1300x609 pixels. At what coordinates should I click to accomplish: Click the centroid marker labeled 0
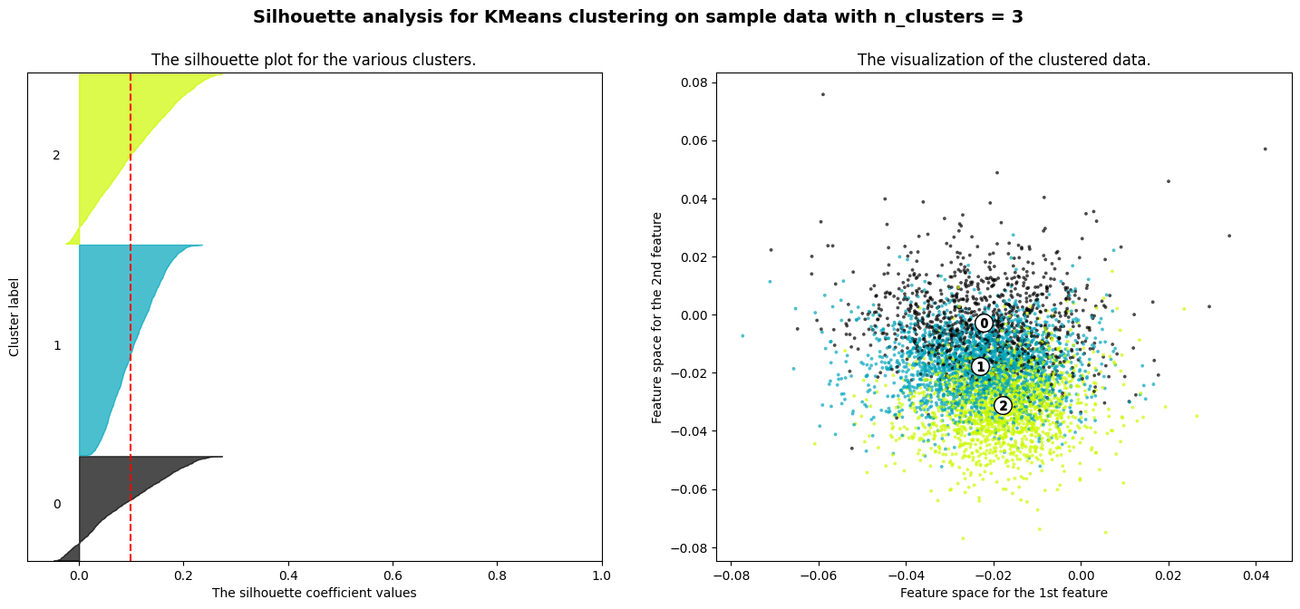tap(984, 323)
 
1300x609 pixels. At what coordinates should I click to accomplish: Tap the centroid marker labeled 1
tap(979, 366)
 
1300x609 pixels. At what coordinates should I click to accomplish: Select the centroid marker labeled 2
tap(1002, 405)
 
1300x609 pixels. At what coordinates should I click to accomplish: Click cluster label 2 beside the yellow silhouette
tap(56, 155)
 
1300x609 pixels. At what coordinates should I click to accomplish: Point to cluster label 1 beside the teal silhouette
tap(57, 345)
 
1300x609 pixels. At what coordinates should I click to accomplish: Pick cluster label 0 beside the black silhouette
tap(57, 504)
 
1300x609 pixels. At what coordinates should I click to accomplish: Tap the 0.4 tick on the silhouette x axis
tap(288, 575)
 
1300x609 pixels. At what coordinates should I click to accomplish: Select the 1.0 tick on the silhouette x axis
tap(602, 575)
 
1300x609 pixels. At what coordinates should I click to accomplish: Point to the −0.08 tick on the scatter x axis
tap(732, 575)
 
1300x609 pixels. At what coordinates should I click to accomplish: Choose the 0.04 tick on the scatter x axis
tap(1256, 575)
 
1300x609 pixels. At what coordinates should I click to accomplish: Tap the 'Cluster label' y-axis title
tap(15, 317)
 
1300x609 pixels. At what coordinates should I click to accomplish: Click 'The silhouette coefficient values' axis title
tap(314, 593)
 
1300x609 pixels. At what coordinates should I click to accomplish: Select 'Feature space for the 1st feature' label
tap(1004, 593)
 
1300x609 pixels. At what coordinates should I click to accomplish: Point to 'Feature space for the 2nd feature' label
tap(658, 317)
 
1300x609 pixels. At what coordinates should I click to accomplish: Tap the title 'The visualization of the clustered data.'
tap(1004, 60)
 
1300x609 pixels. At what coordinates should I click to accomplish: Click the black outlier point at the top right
tap(1265, 149)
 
